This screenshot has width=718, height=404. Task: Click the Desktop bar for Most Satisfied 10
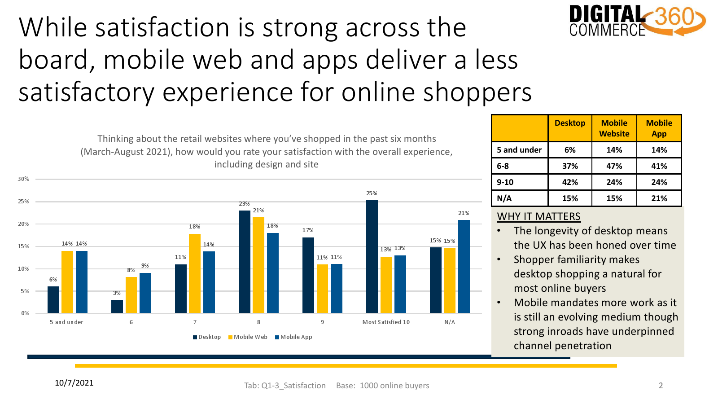click(x=372, y=256)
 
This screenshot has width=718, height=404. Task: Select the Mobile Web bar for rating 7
click(x=195, y=273)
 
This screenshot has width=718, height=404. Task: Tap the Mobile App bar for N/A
click(x=464, y=267)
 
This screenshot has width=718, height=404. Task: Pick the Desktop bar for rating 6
click(x=117, y=307)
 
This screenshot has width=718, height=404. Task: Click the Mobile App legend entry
click(x=293, y=337)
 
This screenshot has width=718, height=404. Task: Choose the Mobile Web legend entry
click(x=248, y=337)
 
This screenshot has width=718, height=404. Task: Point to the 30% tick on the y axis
click(x=23, y=179)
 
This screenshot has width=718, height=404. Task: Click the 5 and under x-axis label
click(x=66, y=322)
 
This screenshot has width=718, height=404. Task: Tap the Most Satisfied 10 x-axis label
click(x=386, y=322)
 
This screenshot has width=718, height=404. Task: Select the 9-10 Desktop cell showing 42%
click(x=570, y=182)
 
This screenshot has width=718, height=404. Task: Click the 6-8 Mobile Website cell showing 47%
click(x=614, y=166)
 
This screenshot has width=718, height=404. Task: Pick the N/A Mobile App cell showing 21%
click(x=659, y=198)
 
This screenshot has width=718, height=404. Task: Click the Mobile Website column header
click(x=614, y=128)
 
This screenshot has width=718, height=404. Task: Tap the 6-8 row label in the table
click(x=503, y=166)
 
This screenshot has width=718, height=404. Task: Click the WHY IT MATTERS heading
click(x=538, y=216)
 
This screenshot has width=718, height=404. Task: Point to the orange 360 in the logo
click(x=674, y=16)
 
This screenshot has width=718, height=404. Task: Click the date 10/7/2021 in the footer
click(x=74, y=383)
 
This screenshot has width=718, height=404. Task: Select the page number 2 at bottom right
click(x=661, y=386)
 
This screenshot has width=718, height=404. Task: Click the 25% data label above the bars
click(x=372, y=193)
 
